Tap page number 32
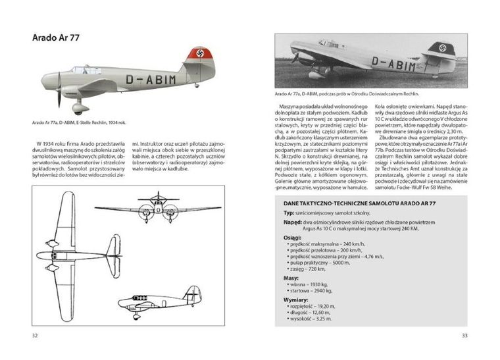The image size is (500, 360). pyautogui.click(x=35, y=336)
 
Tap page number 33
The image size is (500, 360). pyautogui.click(x=464, y=336)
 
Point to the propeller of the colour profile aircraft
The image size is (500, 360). pyautogui.click(x=58, y=90)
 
